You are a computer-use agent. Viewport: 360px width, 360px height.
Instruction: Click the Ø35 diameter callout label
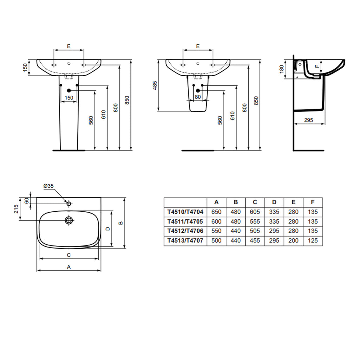point(49,186)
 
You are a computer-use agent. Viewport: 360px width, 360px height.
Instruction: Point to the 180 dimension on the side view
point(281,69)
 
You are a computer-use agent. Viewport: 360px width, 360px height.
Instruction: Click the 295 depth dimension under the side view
point(308,120)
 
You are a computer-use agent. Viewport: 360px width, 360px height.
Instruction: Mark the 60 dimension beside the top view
point(26,200)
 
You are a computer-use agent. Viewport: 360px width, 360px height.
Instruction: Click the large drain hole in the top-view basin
point(69,220)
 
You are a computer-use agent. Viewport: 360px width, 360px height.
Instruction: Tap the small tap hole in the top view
point(69,204)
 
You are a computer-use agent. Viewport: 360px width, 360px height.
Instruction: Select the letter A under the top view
point(69,267)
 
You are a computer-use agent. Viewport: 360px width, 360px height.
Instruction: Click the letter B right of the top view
point(121,223)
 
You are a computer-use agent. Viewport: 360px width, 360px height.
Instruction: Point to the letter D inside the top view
point(108,229)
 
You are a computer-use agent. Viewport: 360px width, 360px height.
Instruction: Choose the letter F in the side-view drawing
point(316,66)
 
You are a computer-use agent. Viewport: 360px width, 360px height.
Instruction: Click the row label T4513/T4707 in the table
point(185,240)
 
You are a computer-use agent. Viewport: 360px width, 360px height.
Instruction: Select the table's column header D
point(274,202)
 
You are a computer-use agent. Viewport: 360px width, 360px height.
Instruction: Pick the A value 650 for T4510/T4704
point(216,212)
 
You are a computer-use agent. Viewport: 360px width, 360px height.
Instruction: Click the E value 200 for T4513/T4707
point(293,240)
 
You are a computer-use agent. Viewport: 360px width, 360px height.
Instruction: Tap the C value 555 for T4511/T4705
point(255,221)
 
